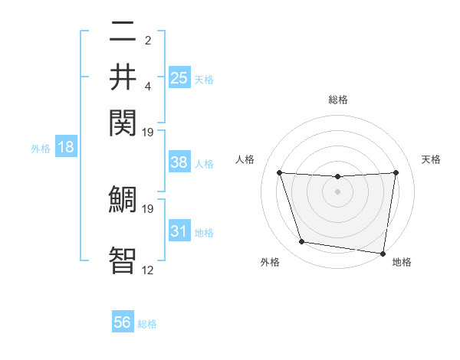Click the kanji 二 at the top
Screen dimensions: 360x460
point(123,33)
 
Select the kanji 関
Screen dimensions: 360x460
point(123,123)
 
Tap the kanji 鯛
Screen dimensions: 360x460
point(123,199)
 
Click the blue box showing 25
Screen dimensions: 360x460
point(179,77)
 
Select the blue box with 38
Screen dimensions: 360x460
point(179,162)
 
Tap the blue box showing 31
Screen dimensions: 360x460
point(179,231)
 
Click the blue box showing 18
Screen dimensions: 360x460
point(65,147)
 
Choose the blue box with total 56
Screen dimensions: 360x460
point(123,322)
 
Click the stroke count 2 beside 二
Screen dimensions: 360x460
point(147,41)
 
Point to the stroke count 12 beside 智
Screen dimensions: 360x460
point(147,270)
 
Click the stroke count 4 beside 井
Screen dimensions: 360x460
point(147,87)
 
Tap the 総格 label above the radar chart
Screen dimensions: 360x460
point(338,100)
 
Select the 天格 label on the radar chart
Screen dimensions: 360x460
point(432,159)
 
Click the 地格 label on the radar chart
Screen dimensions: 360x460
point(402,263)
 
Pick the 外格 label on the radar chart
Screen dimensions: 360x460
point(270,263)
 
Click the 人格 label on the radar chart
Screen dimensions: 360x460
point(245,159)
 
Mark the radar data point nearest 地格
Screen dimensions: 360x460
point(383,253)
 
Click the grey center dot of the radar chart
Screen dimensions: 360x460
point(338,191)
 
